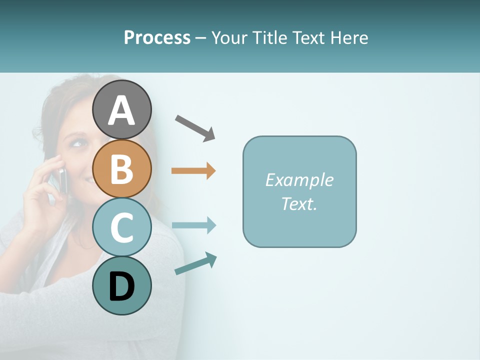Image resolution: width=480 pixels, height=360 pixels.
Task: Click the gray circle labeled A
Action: point(121,109)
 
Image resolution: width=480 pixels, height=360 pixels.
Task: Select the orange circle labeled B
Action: point(121,168)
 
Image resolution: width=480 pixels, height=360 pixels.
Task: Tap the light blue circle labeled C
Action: point(121,227)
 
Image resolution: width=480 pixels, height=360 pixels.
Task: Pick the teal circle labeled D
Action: point(121,285)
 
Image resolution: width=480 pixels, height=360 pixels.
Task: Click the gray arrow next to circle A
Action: point(195,128)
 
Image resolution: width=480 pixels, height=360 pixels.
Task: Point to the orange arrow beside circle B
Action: point(193,171)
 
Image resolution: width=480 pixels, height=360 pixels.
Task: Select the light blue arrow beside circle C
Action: point(193,225)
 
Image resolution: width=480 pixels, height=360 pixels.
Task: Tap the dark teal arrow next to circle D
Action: point(195,263)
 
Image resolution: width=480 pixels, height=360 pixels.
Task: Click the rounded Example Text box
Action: point(299,191)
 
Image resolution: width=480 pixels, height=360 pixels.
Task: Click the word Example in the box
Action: point(299,180)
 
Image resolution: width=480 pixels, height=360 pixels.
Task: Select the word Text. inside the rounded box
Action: point(299,203)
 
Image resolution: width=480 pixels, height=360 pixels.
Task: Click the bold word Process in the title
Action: point(157,37)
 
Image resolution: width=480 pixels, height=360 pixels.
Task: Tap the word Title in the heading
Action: point(268,37)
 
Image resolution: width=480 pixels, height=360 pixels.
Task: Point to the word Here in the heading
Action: point(349,37)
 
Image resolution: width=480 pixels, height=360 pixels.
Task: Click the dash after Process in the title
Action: point(200,38)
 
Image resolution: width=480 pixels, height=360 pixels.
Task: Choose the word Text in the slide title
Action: point(308,37)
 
